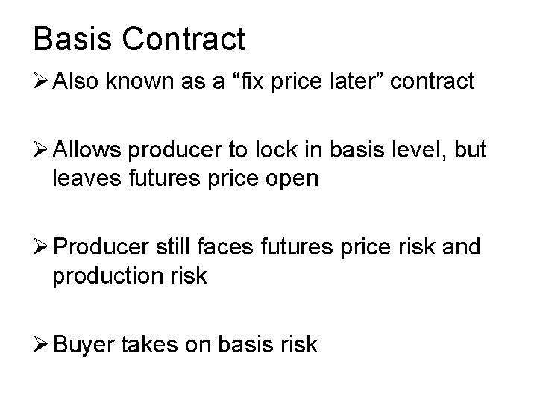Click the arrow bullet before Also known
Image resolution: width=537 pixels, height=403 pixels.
42,81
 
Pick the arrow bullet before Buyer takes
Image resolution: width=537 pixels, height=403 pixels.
42,345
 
